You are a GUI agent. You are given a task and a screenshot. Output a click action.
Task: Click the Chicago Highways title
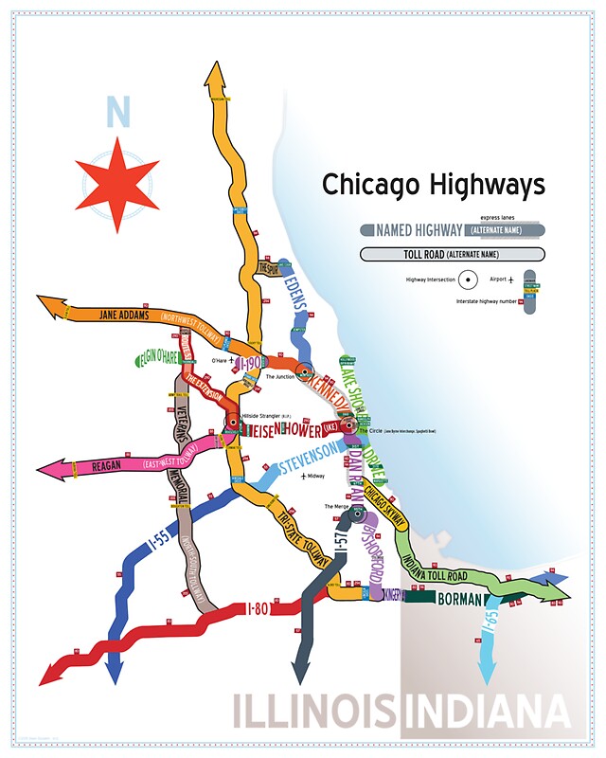[x=434, y=184]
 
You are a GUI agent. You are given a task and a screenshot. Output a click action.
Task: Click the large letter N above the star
[x=117, y=113]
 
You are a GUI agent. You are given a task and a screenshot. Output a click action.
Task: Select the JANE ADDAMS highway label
[x=124, y=316]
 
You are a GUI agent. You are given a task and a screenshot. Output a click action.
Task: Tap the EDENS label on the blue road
[x=294, y=304]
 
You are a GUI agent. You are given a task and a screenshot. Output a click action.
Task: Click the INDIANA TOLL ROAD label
[x=435, y=564]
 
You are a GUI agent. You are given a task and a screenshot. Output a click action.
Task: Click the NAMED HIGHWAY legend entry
[x=419, y=230]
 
